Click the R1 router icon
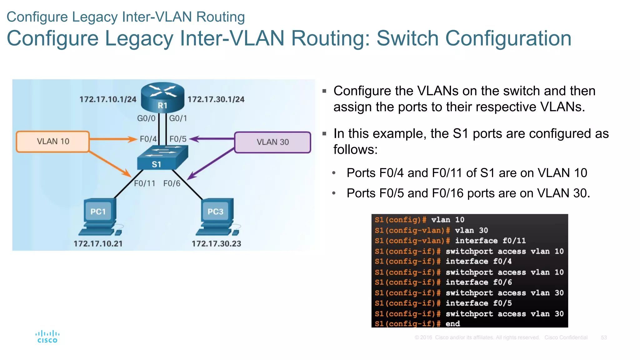pos(162,97)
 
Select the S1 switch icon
pos(162,158)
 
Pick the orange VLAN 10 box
pos(53,142)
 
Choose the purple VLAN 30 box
pos(272,142)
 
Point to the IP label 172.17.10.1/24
pos(108,99)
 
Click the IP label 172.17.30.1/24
pos(216,99)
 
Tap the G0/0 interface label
pos(146,118)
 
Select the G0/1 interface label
pos(178,118)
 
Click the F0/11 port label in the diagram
pos(145,183)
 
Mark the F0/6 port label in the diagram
pos(172,183)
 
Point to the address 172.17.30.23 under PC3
pos(216,244)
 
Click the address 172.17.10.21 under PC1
pos(98,244)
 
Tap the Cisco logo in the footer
pos(47,337)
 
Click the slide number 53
pos(604,337)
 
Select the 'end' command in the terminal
pos(452,324)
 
